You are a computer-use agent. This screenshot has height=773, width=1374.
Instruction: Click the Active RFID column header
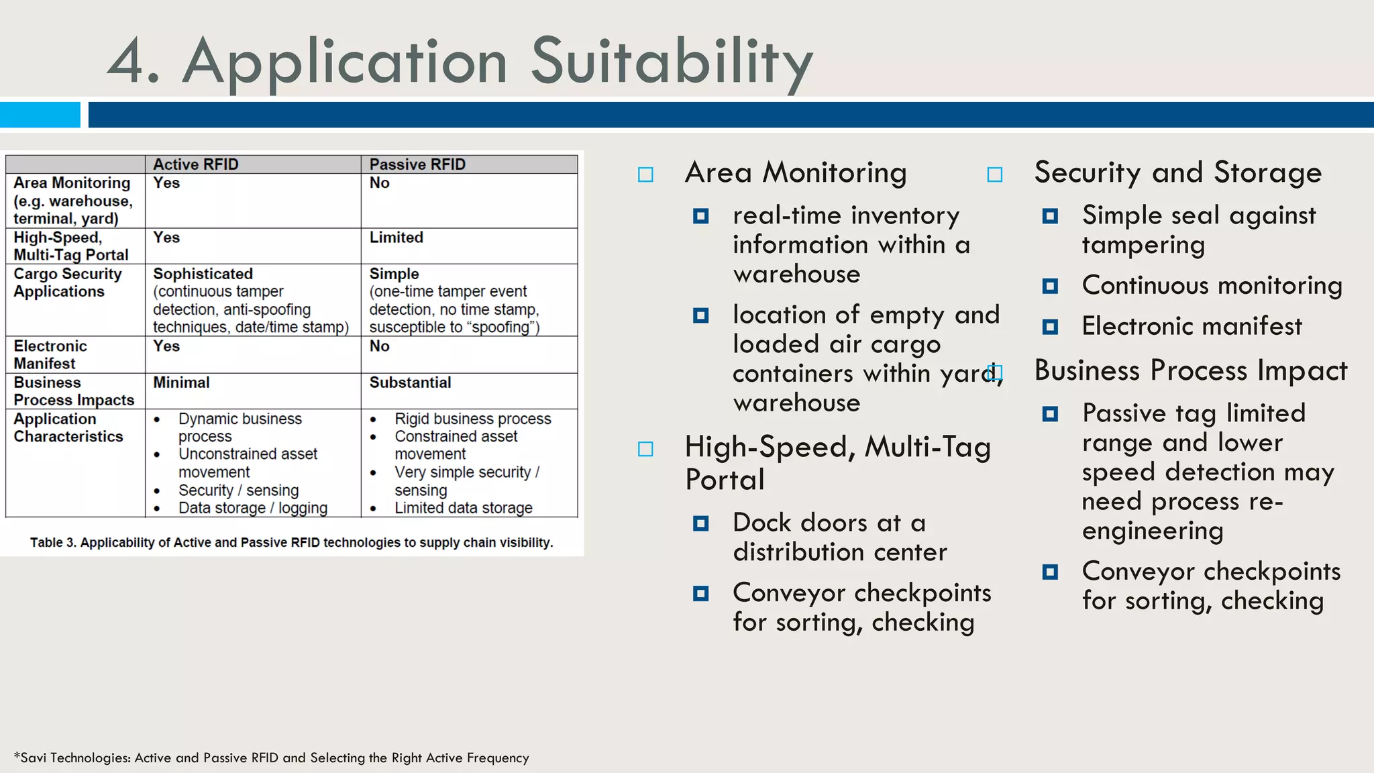coord(195,164)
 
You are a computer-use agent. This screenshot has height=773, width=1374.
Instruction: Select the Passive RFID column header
coord(417,164)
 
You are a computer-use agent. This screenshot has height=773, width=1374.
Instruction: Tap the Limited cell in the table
coord(396,238)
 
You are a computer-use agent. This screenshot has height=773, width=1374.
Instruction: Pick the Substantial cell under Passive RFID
coord(410,382)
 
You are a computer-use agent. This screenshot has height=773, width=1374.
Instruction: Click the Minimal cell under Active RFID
coord(181,382)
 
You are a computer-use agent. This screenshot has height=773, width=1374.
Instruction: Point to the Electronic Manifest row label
coord(50,354)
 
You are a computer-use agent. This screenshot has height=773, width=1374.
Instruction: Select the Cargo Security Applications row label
coord(67,282)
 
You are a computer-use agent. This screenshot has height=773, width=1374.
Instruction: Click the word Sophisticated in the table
coord(203,274)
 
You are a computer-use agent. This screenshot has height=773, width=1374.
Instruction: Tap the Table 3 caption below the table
coord(291,542)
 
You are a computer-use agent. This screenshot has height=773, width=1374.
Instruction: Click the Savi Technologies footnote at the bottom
coord(271,758)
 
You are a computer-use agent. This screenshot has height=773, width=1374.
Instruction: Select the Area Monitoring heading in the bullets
coord(796,172)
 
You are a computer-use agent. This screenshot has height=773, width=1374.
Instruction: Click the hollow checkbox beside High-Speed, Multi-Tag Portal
coord(645,449)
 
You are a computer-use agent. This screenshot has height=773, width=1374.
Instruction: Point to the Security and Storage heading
coord(1177,172)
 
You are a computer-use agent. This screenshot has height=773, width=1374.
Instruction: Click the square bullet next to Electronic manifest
coord(1050,327)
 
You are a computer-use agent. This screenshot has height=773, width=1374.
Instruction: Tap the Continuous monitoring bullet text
coord(1212,285)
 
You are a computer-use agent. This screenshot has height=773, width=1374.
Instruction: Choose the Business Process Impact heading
coord(1190,370)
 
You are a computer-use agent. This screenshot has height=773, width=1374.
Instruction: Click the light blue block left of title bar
coord(40,115)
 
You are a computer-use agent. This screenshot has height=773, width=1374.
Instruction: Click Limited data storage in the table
coord(463,508)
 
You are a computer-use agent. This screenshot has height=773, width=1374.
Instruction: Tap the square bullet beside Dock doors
coord(700,523)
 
